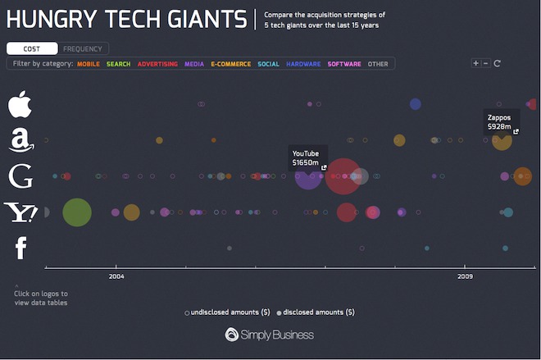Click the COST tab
tap(31, 49)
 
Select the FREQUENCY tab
tap(83, 49)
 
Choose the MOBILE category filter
tap(89, 64)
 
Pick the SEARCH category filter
tap(118, 64)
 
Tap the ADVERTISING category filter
tap(157, 64)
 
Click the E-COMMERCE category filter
tap(230, 64)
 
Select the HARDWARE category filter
tap(303, 64)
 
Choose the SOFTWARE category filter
tap(343, 64)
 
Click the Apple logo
tap(20, 105)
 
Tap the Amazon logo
tap(21, 140)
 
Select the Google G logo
tap(20, 176)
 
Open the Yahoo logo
tap(20, 212)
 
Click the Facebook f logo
tap(21, 248)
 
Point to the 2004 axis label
tap(116, 276)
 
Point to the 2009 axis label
tap(466, 276)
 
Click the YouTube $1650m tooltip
tap(307, 157)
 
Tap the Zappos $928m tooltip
tap(499, 122)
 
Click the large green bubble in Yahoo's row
tap(76, 212)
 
